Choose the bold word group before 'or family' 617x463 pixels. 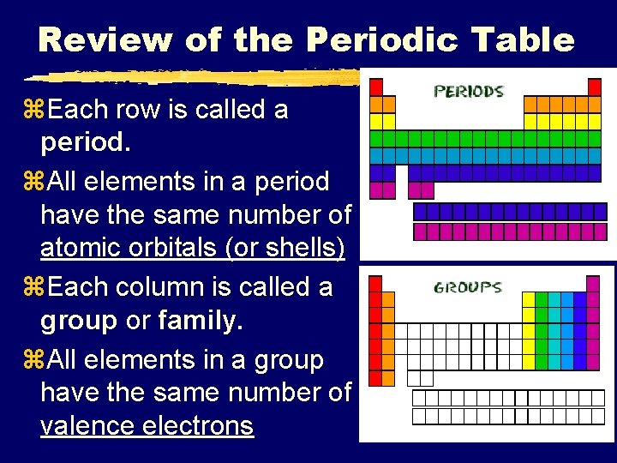(x=78, y=321)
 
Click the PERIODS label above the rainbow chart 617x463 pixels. (x=469, y=91)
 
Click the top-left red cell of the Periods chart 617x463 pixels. (x=375, y=87)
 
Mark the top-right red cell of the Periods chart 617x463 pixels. (x=595, y=87)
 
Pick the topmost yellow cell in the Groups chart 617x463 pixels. (x=529, y=299)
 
